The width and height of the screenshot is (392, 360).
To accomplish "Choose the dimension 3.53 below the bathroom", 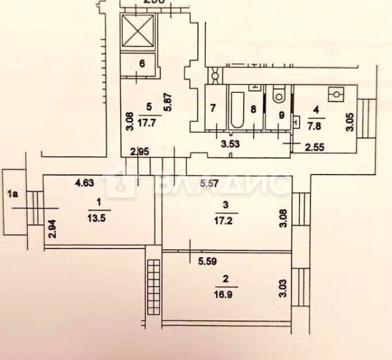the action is pyautogui.click(x=230, y=145).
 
